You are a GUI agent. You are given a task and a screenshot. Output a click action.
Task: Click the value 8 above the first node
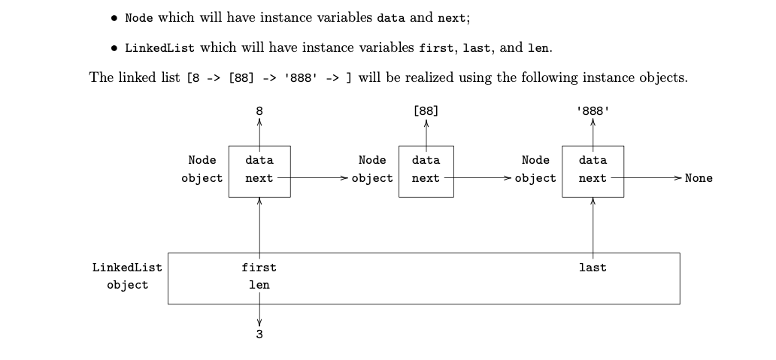tap(259, 110)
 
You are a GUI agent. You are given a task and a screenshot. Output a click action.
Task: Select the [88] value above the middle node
tap(426, 110)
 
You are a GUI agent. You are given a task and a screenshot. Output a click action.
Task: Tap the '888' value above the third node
tap(593, 110)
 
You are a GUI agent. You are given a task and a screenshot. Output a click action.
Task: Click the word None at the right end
tap(699, 178)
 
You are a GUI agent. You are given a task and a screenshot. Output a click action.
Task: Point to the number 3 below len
tap(259, 335)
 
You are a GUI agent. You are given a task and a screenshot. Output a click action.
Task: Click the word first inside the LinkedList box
tap(259, 267)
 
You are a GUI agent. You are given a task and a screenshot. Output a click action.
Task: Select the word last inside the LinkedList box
tap(593, 267)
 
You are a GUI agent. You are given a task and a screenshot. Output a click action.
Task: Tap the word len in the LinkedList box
tap(259, 285)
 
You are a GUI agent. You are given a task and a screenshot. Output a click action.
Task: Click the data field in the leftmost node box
tap(259, 160)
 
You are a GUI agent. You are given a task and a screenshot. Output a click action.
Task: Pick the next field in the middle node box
tap(426, 178)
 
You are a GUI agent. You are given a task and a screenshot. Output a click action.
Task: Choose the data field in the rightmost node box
tap(593, 160)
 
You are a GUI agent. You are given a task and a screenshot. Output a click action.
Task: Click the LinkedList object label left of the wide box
tap(127, 276)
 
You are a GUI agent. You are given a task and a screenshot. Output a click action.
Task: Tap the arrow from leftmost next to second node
tap(312, 178)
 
